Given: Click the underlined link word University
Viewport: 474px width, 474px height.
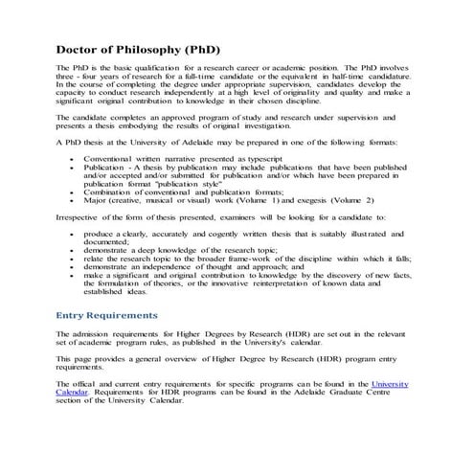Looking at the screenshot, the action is click(389, 383).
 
